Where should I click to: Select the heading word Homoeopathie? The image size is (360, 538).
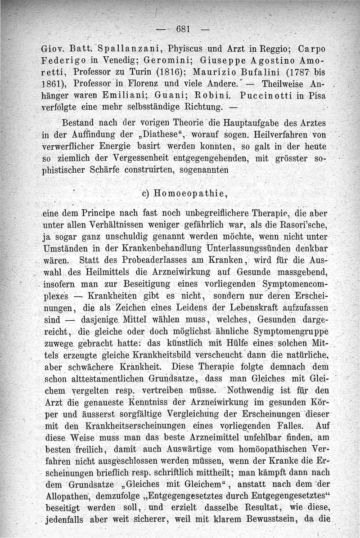189,194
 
